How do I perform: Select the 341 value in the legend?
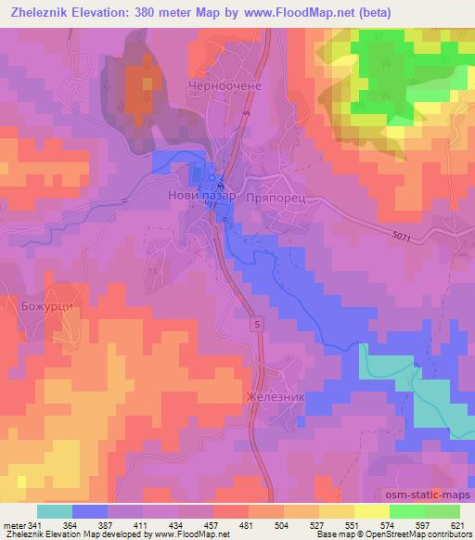pos(35,525)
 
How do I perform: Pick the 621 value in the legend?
pos(458,525)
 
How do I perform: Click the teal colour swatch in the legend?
pos(55,511)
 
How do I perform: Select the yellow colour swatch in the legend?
pos(371,511)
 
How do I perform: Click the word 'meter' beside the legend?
pos(14,525)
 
